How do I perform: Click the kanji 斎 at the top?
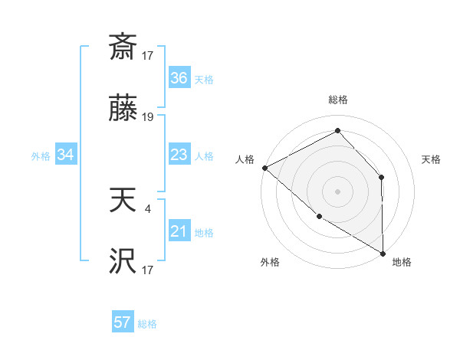[123, 47]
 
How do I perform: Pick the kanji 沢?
[123, 261]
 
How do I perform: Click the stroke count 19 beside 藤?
[148, 117]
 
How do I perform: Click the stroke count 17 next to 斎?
[148, 56]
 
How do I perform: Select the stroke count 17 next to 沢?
[148, 270]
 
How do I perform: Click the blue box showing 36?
[179, 78]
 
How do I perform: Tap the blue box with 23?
[179, 155]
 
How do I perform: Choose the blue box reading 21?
[179, 231]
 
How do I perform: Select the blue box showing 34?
[66, 155]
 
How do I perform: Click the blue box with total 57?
[123, 322]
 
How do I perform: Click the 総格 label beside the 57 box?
[147, 324]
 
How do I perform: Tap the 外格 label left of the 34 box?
[41, 155]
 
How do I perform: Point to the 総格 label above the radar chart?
[337, 100]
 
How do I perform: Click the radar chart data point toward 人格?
[264, 168]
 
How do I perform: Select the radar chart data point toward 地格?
[383, 253]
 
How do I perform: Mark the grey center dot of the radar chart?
[337, 191]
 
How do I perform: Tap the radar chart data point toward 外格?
[319, 216]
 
